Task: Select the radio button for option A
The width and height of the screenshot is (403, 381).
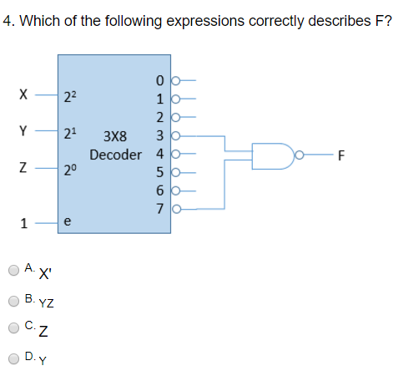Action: click(13, 270)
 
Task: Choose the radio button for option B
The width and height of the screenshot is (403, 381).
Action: click(13, 299)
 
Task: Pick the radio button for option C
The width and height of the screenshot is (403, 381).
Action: click(13, 328)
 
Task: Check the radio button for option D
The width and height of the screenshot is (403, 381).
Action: click(13, 358)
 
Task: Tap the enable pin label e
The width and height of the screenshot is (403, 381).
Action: click(67, 222)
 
